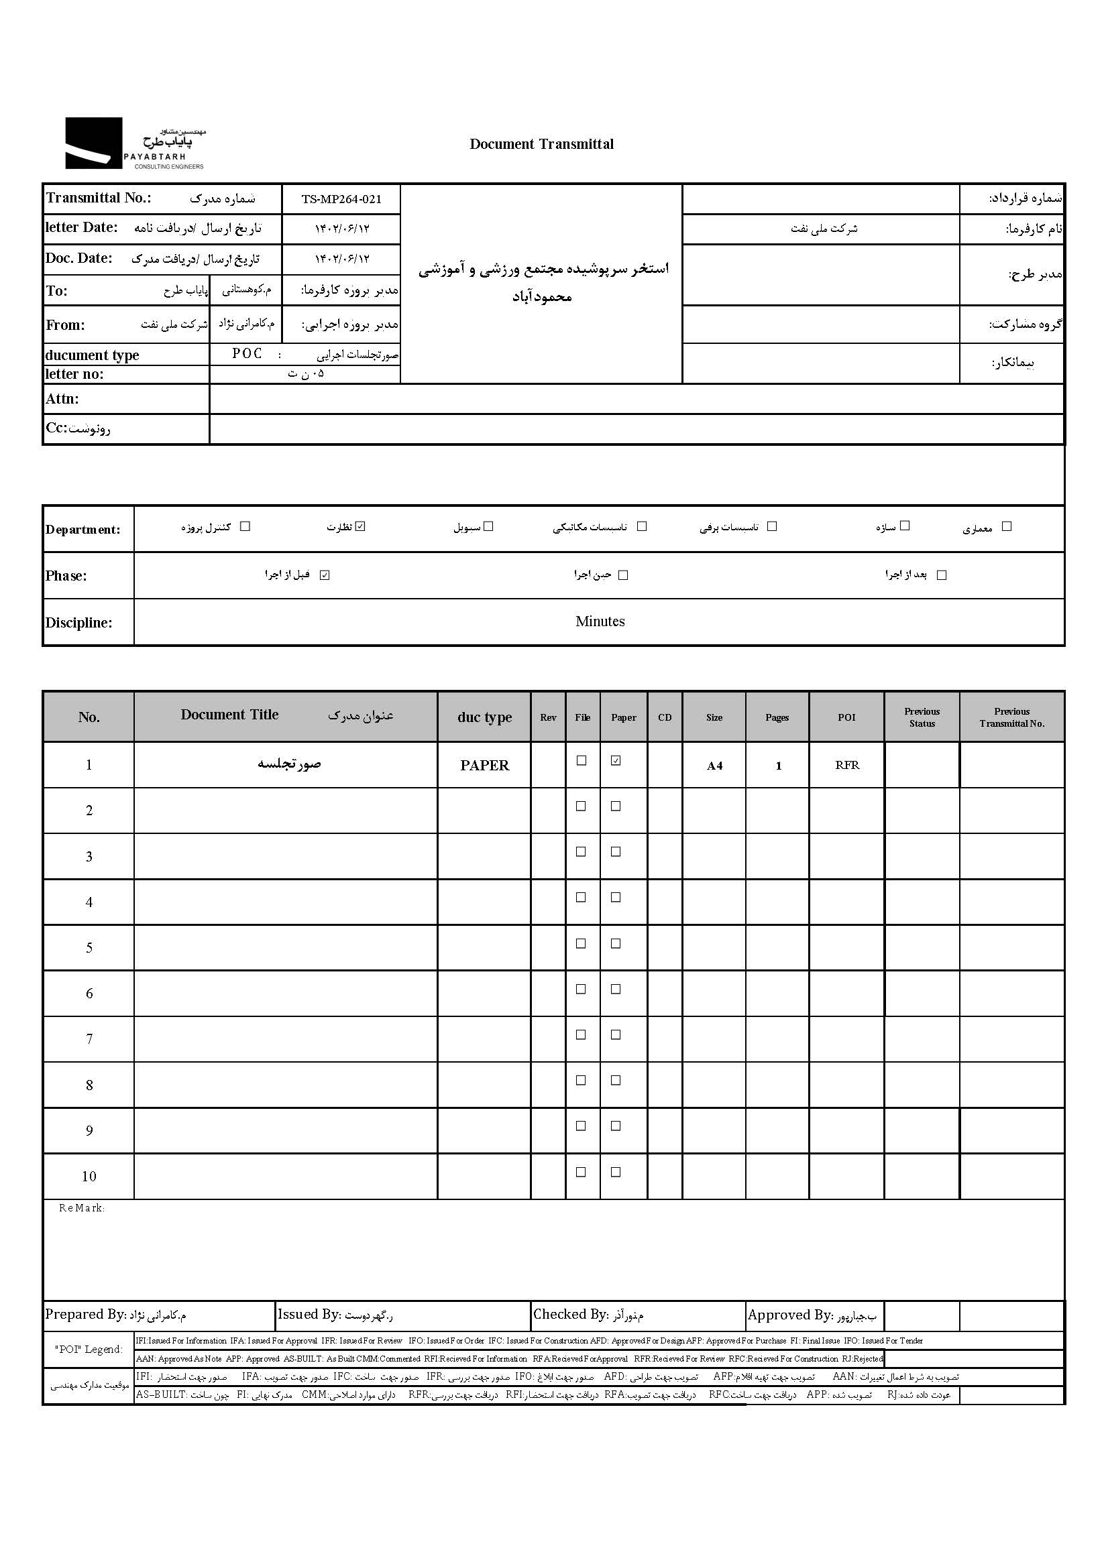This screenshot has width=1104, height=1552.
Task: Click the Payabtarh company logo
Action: tap(135, 143)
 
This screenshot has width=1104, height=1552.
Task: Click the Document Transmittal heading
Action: tap(541, 144)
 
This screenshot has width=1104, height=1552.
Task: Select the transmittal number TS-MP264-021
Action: tap(341, 199)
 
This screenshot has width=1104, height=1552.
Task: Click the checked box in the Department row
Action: tap(360, 526)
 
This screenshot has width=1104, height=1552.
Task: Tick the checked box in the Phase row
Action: tap(325, 575)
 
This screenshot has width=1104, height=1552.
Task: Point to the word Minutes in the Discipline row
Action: tap(600, 621)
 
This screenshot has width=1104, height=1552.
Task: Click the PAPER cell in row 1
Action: tap(484, 765)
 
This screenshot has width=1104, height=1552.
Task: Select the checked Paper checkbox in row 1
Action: tap(616, 761)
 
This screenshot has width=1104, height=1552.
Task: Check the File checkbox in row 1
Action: tap(582, 761)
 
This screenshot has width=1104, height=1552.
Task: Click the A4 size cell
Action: tap(714, 766)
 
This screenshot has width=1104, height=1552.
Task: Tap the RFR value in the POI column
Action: tap(847, 765)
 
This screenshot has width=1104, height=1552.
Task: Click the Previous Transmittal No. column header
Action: tap(1011, 717)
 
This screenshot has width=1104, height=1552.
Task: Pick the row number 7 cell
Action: tap(89, 1039)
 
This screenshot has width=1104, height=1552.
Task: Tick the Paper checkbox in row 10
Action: tap(616, 1172)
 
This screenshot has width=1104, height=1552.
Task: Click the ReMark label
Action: tap(82, 1208)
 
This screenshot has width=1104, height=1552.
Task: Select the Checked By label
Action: tap(569, 1315)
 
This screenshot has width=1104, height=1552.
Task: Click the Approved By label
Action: tap(789, 1315)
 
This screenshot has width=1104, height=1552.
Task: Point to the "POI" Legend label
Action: tap(89, 1350)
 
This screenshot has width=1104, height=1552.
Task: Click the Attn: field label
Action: tap(62, 399)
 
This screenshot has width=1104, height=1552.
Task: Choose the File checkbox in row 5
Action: tap(582, 944)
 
